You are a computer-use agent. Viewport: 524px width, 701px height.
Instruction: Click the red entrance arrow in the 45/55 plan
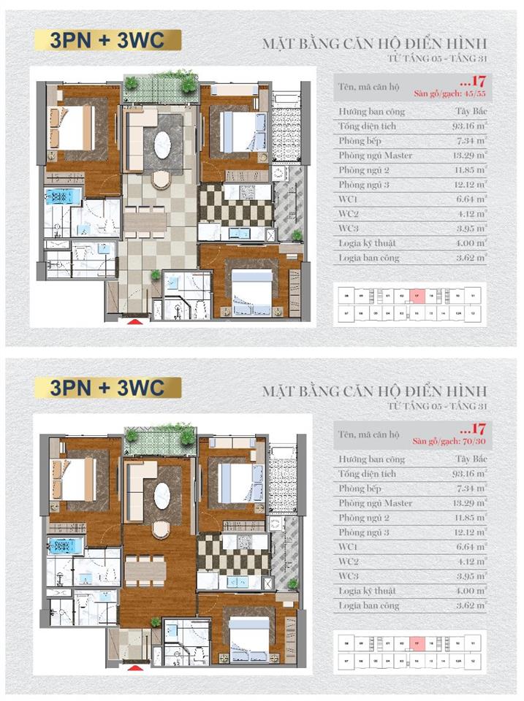click(134, 320)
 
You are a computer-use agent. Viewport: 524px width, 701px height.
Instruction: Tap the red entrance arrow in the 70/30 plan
click(134, 667)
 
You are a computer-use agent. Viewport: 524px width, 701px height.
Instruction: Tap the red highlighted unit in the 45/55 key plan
click(416, 296)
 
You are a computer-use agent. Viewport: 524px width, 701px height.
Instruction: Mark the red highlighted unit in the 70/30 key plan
click(416, 644)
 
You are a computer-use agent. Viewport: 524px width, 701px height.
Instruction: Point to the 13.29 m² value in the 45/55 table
click(469, 156)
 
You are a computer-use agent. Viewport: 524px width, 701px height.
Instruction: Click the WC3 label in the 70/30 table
click(348, 577)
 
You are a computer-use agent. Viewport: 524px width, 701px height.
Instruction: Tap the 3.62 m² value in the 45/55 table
click(471, 258)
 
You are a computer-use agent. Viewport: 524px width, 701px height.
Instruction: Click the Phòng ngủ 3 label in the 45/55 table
click(363, 185)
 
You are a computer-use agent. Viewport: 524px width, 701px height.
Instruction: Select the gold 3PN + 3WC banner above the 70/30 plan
click(107, 387)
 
